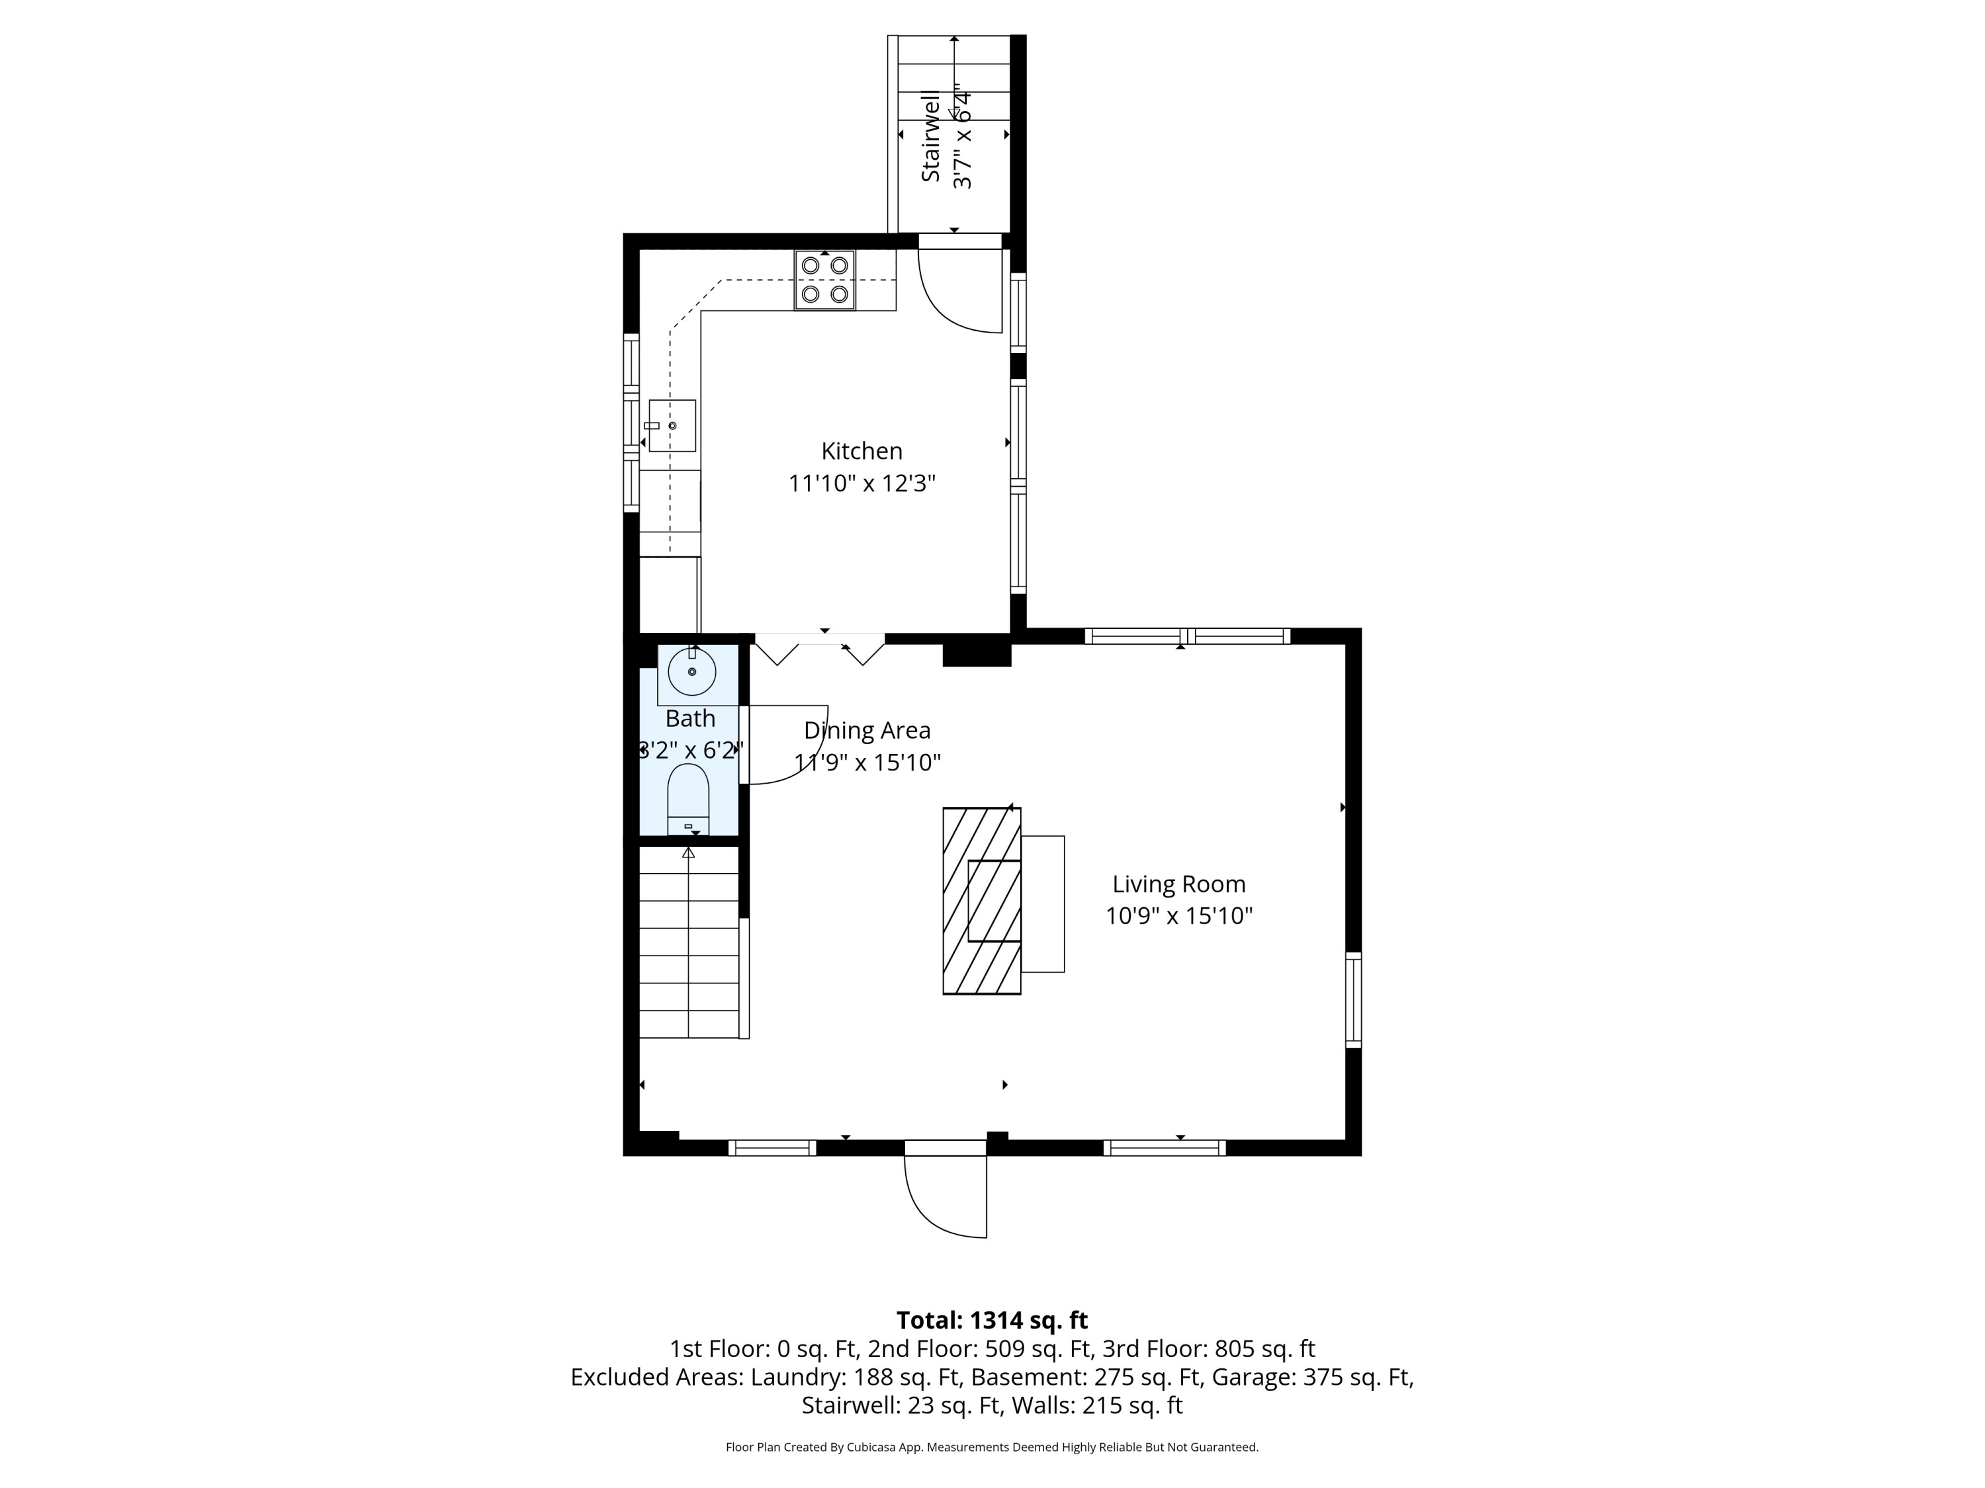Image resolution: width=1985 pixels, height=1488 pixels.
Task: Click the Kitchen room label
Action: click(x=861, y=451)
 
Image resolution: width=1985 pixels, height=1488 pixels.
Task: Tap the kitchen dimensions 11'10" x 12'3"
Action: click(x=861, y=483)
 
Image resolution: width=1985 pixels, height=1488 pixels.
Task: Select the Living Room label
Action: click(x=1178, y=884)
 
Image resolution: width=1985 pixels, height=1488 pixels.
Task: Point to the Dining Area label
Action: click(x=867, y=730)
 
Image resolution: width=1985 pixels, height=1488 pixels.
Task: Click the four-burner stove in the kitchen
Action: click(x=824, y=280)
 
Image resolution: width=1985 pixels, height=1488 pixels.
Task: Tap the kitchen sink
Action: click(x=672, y=425)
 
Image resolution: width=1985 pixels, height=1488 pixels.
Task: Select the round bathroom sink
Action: click(x=692, y=672)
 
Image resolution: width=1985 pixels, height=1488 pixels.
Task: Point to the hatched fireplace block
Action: click(x=982, y=901)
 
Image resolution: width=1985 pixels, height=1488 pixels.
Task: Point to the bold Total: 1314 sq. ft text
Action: click(x=992, y=1320)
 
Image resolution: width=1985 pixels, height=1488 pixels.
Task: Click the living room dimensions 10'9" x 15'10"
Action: click(x=1178, y=916)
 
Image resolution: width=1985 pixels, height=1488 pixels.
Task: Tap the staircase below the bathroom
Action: click(x=688, y=942)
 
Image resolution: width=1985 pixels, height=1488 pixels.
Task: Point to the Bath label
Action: click(x=690, y=718)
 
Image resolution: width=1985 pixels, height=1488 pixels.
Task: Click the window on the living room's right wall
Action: click(x=1353, y=1000)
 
